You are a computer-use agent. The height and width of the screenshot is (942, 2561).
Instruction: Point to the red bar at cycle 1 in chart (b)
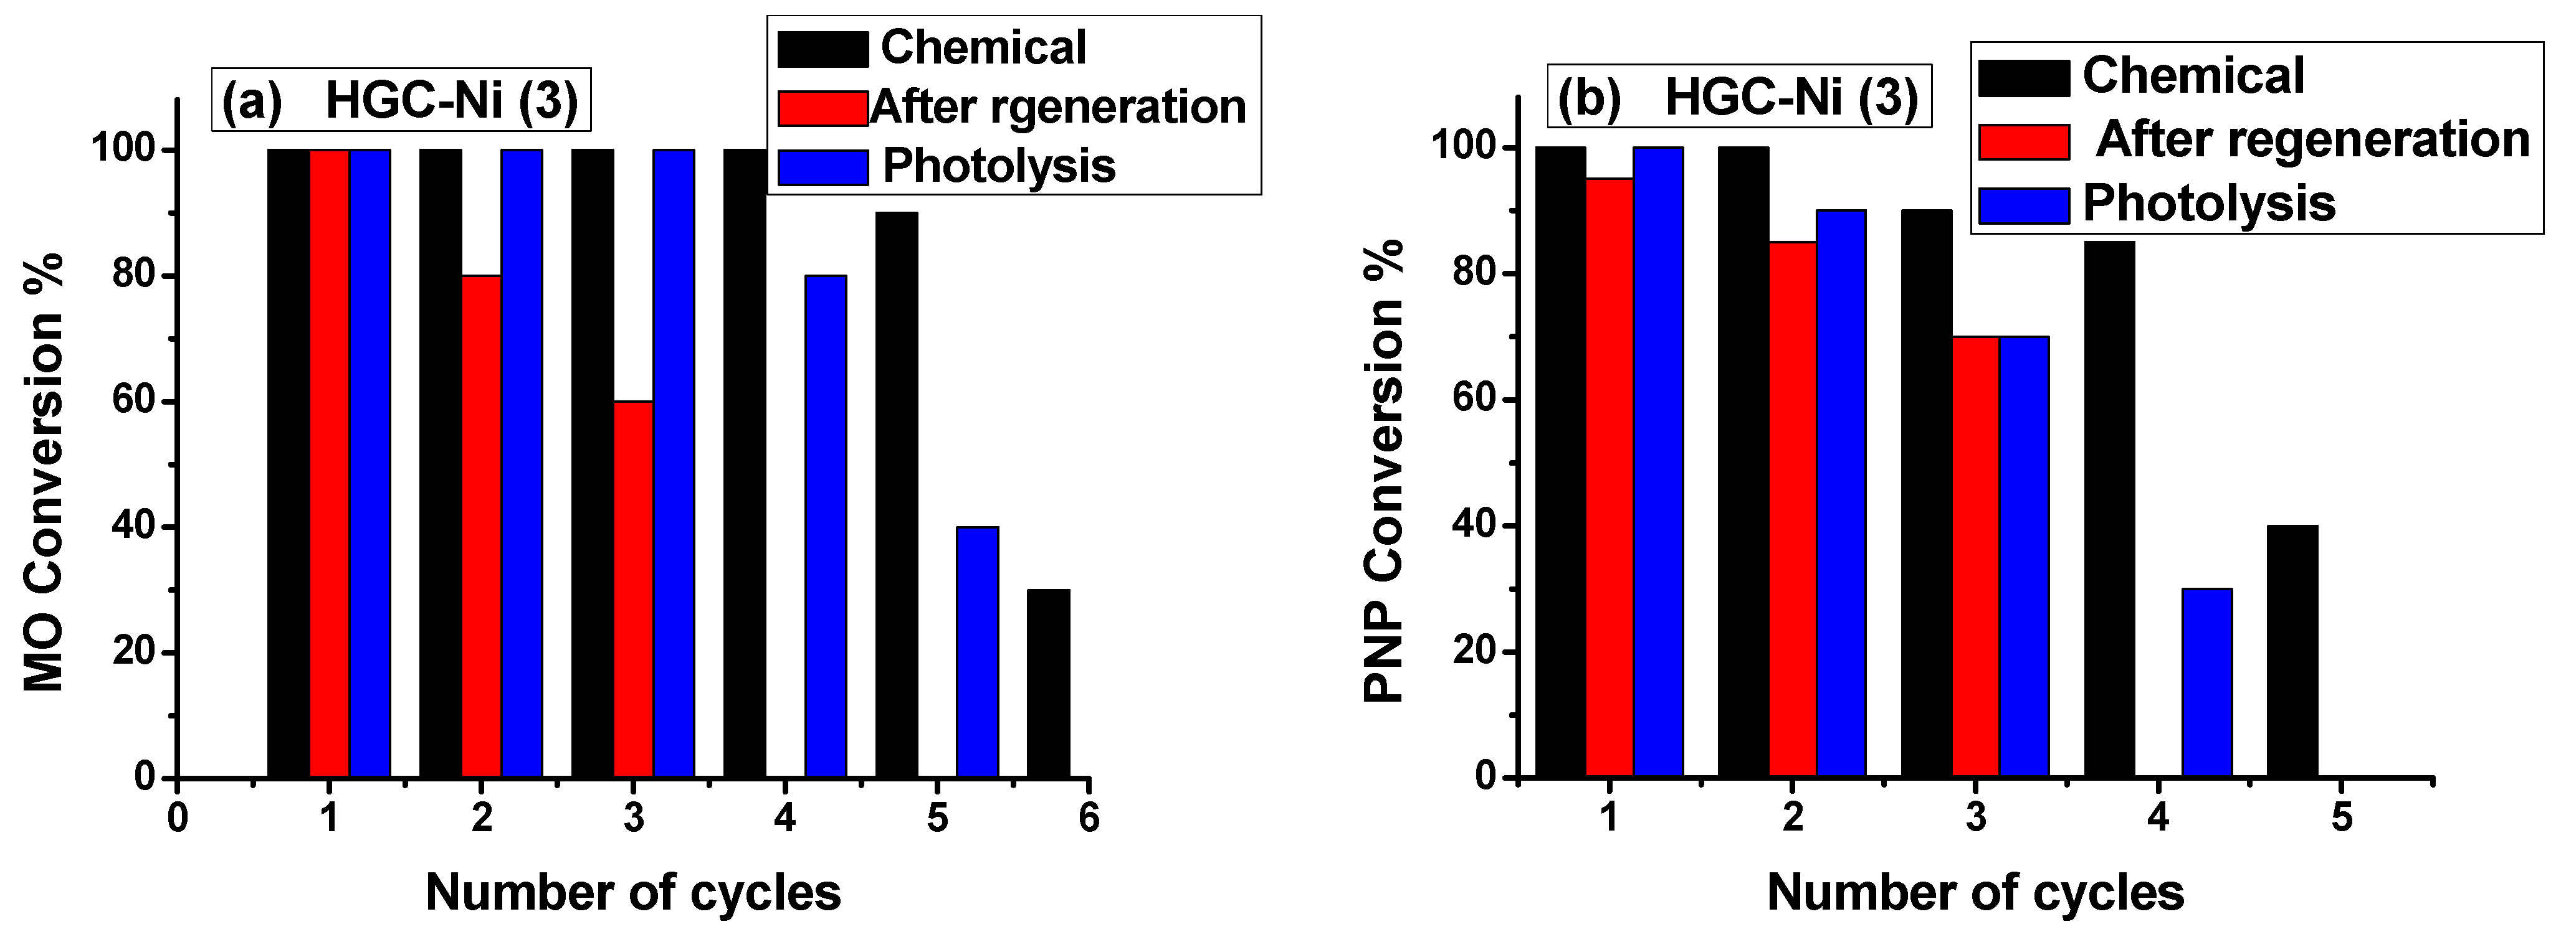tap(1610, 477)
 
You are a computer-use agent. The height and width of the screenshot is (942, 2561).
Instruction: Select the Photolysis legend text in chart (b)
tap(2209, 204)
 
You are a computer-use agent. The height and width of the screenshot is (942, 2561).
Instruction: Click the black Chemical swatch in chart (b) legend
tap(2024, 77)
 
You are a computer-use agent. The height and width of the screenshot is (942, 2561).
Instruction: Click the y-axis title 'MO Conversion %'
tap(44, 472)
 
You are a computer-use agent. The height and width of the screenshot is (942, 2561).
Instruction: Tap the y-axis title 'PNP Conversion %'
tap(1384, 472)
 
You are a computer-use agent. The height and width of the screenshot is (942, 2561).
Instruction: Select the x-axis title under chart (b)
tap(1975, 892)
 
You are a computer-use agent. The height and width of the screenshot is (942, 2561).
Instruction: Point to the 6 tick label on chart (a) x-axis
tap(1089, 818)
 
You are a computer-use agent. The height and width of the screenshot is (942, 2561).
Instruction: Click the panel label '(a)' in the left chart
tap(252, 100)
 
